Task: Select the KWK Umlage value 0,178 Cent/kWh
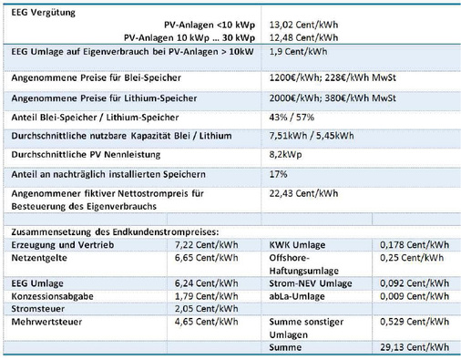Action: coord(416,246)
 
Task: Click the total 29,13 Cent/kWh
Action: coord(416,347)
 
